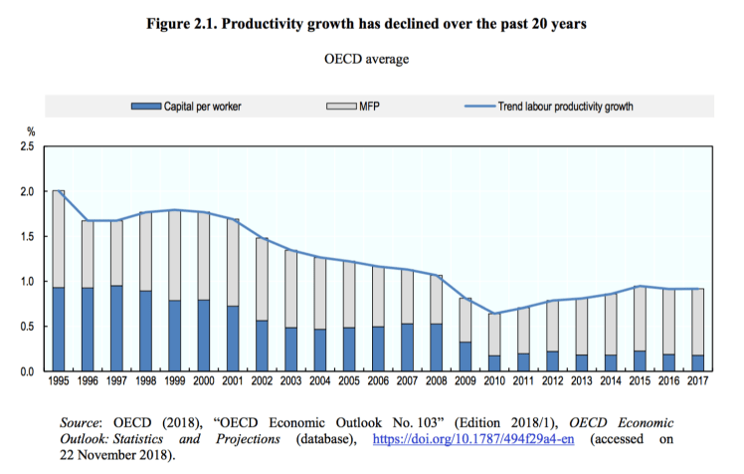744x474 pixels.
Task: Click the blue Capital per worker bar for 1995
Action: (x=59, y=330)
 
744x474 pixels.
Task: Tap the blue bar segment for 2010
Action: (x=493, y=363)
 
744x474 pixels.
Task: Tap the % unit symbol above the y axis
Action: (x=30, y=130)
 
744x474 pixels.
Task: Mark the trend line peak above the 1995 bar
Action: (x=59, y=191)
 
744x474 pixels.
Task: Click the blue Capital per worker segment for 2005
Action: (x=348, y=350)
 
